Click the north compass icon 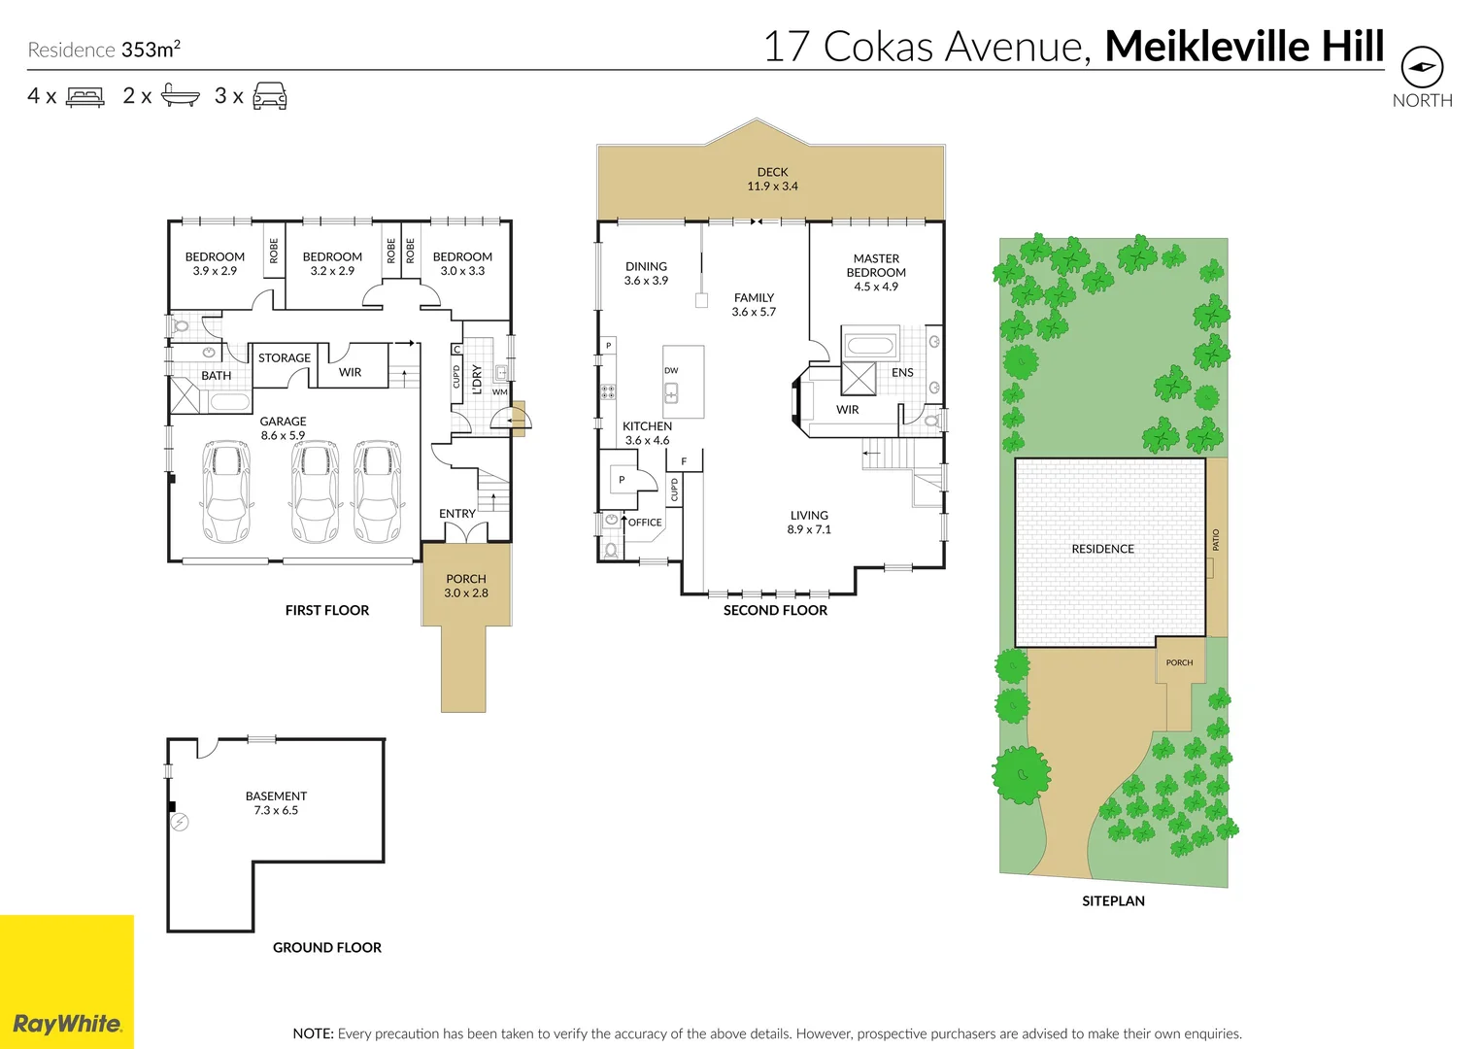(x=1421, y=68)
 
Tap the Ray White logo (x=67, y=1023)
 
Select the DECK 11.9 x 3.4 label (x=772, y=179)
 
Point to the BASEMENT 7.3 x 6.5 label (x=276, y=802)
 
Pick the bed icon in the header (x=85, y=96)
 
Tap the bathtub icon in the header (x=180, y=95)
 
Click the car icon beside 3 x (x=270, y=95)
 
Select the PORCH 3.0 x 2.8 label (x=466, y=586)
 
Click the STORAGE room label (x=285, y=357)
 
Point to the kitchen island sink (x=671, y=392)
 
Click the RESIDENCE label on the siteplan (x=1102, y=549)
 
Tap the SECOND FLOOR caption (x=775, y=610)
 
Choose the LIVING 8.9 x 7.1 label (x=809, y=523)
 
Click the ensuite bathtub (x=870, y=345)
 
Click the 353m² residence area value (x=151, y=50)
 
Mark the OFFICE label (x=645, y=523)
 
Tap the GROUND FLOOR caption (x=326, y=947)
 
